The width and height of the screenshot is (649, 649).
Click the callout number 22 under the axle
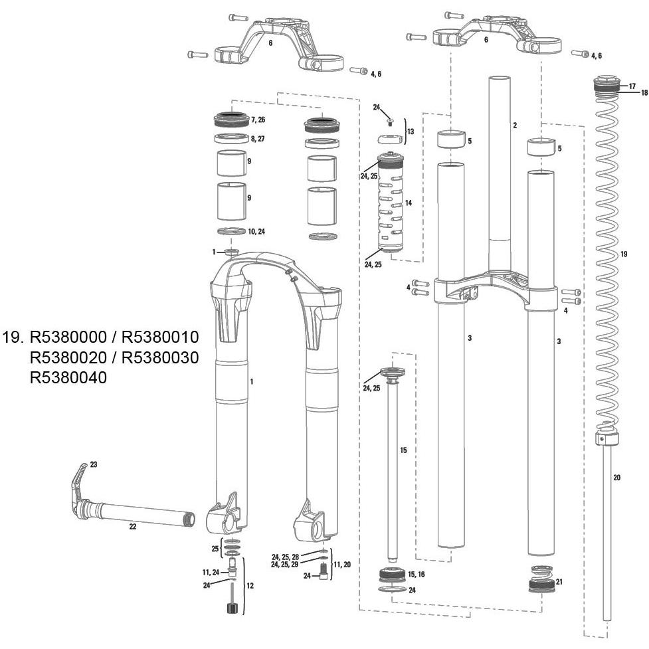132,527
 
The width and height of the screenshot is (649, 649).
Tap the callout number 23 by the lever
93,465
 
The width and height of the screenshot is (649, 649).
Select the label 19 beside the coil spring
623,254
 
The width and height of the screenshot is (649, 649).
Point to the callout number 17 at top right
632,86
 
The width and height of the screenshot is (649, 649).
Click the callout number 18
644,93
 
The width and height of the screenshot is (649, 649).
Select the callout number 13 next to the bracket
410,132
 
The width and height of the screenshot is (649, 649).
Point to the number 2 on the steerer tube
514,125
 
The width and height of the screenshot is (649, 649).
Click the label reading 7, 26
257,120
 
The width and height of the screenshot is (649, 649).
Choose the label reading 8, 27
257,139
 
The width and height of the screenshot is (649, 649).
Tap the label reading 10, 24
257,232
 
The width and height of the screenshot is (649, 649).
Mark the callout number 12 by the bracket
250,586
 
